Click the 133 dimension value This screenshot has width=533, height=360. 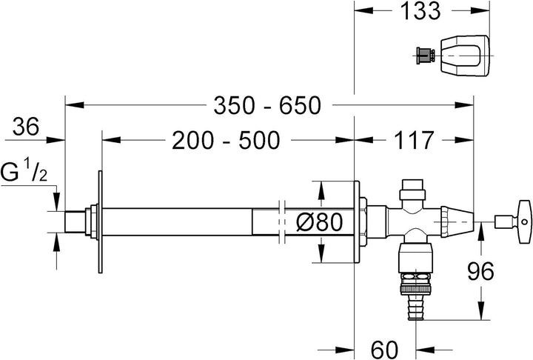click(x=420, y=10)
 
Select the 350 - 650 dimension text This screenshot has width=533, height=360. click(x=267, y=105)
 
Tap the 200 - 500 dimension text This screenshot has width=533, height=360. click(x=226, y=140)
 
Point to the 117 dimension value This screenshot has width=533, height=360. click(x=414, y=140)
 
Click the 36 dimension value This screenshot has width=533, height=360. click(x=26, y=127)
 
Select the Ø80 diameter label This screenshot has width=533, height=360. click(x=320, y=222)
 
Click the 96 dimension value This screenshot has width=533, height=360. click(x=480, y=271)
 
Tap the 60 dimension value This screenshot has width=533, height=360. click(x=384, y=350)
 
